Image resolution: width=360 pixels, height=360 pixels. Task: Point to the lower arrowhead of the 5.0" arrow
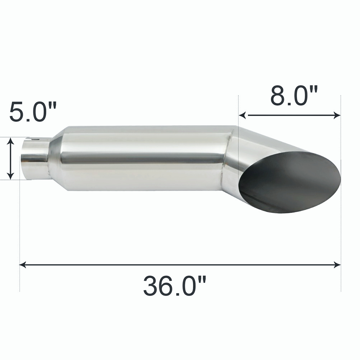click(x=11, y=176)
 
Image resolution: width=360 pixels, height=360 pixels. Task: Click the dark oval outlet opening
click(x=291, y=181)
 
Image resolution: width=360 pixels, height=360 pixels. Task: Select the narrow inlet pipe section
click(x=34, y=158)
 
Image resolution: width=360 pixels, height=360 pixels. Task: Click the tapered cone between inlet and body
click(x=54, y=158)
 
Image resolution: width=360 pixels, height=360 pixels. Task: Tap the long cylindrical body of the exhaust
click(x=144, y=158)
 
